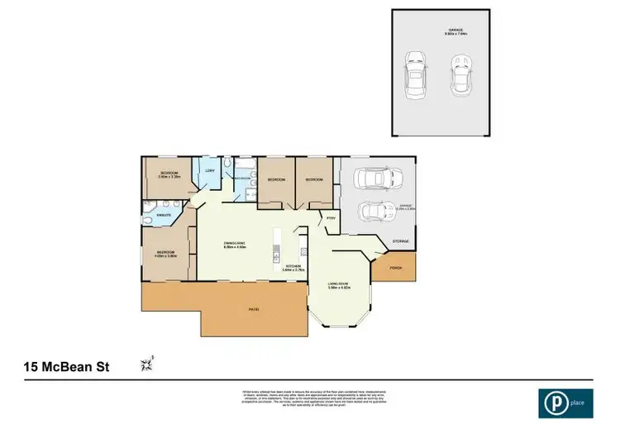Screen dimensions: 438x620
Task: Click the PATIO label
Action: coord(254,309)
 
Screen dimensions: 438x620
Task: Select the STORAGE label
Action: coord(401,242)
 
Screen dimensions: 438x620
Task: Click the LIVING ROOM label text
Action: coord(339,285)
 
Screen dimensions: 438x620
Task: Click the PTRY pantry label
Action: coord(330,219)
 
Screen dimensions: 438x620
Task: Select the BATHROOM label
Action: coord(242,179)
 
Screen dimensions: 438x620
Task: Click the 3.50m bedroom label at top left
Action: coord(169,174)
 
